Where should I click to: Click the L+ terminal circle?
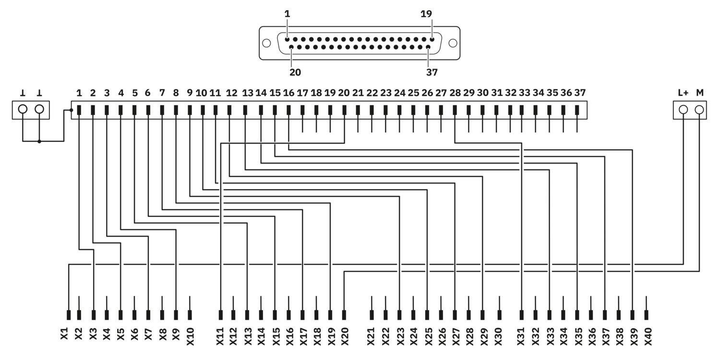pos(684,110)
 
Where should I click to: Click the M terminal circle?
pos(699,110)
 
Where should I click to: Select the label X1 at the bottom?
pos(65,334)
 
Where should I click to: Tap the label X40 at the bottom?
pos(648,336)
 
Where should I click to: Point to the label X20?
pos(345,336)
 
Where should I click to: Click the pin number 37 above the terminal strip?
pos(580,93)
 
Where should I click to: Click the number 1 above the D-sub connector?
pos(287,14)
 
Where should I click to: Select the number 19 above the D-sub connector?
pos(426,14)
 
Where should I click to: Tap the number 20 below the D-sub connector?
pos(295,72)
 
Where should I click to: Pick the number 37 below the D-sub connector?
pos(432,72)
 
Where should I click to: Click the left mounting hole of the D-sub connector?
pos(266,43)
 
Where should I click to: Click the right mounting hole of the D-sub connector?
pos(453,43)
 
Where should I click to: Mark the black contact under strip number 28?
pos(455,110)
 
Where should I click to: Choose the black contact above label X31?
pos(521,315)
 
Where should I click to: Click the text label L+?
pos(683,93)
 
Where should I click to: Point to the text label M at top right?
pos(700,93)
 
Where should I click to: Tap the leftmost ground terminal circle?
pos(23,109)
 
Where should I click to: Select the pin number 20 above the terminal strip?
pos(344,93)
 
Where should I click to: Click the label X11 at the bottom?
pos(220,336)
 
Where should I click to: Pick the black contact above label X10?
pos(190,315)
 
